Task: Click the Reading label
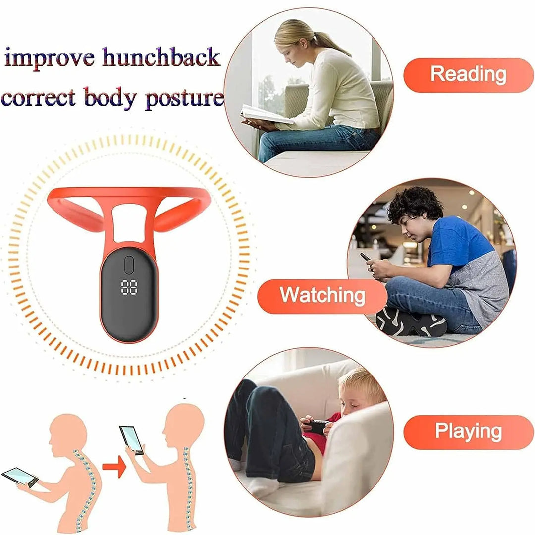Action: (x=468, y=75)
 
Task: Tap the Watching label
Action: (x=322, y=296)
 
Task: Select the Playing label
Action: (x=468, y=431)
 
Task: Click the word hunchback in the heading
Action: (x=161, y=58)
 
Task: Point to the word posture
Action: (x=184, y=97)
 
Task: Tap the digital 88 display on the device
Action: (x=130, y=288)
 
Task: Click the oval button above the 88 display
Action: (x=130, y=264)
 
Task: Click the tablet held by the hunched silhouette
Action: (x=20, y=477)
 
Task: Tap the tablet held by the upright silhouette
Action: (x=132, y=439)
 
